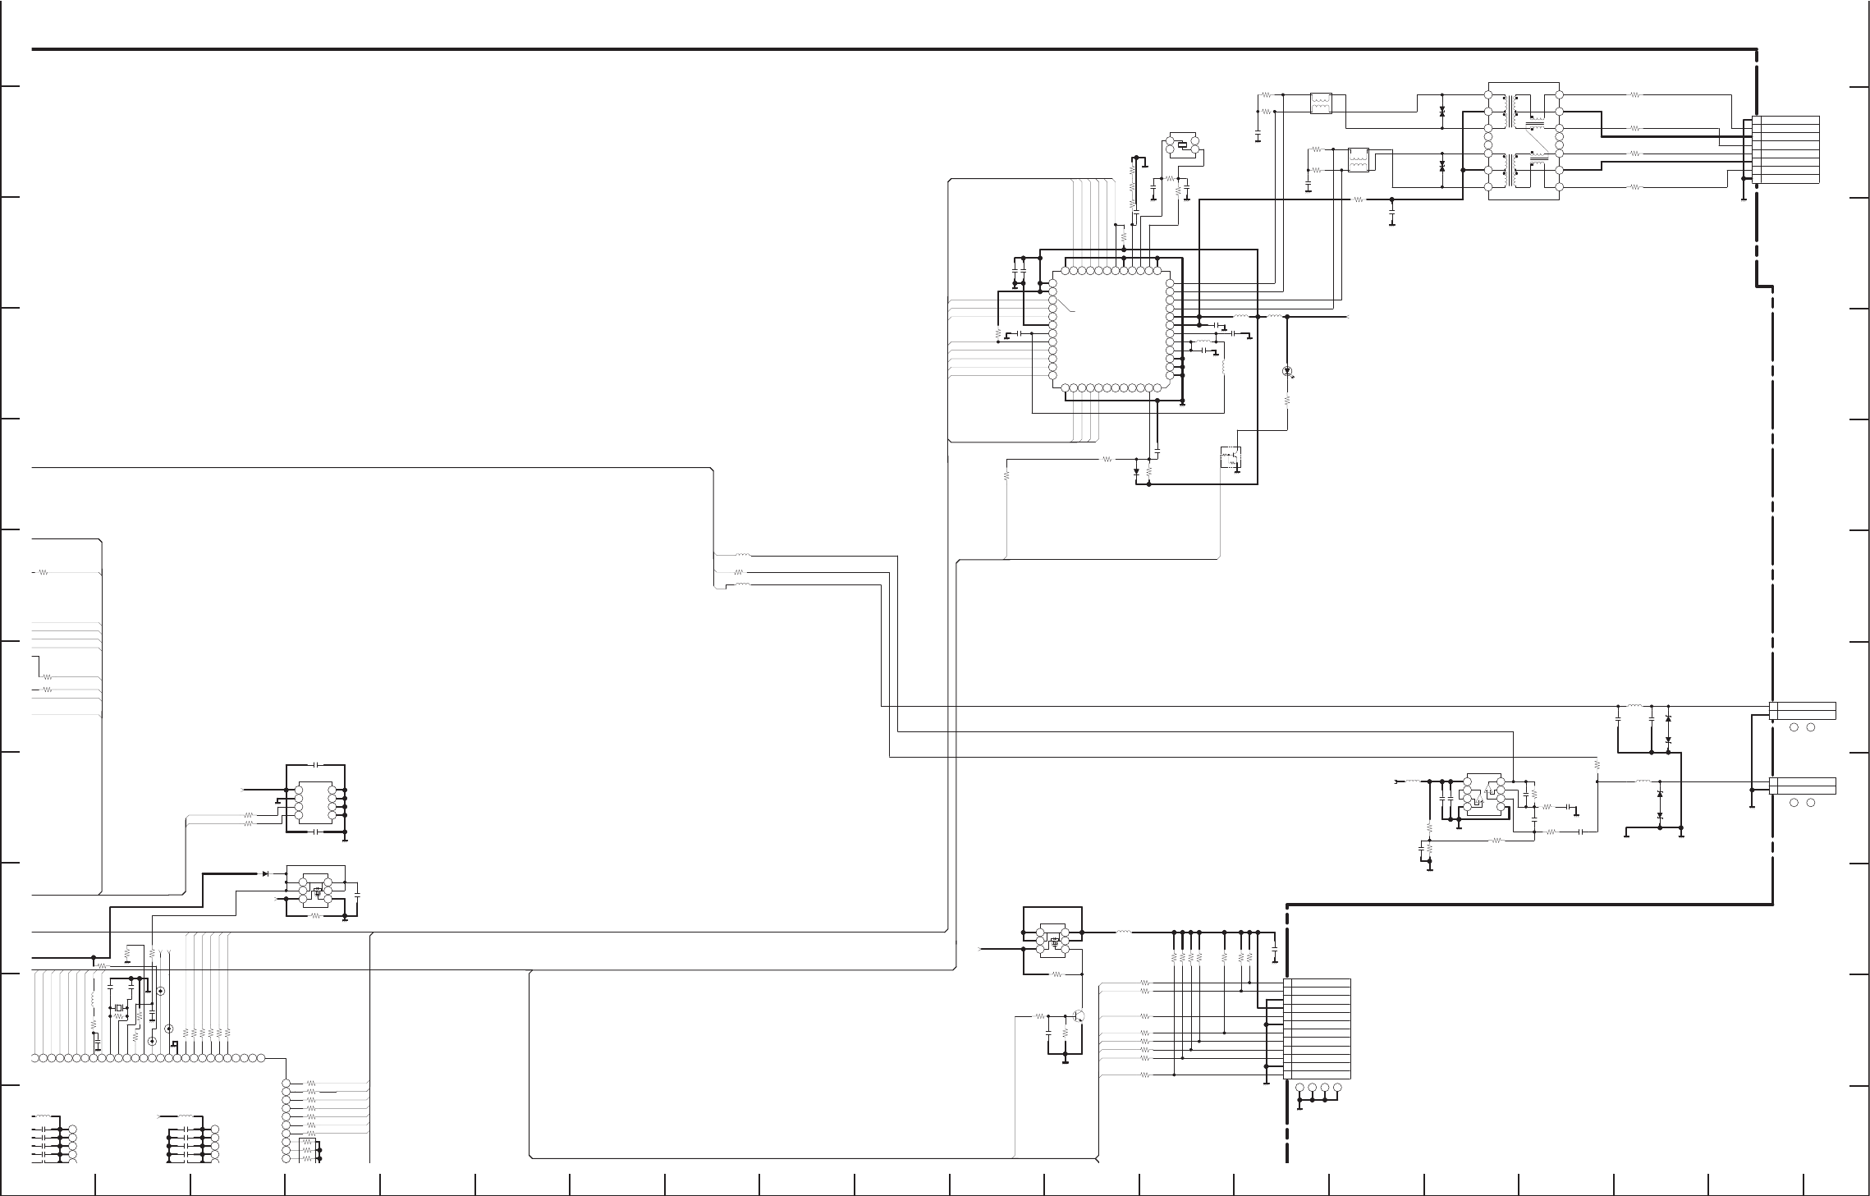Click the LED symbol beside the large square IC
pyautogui.click(x=1286, y=371)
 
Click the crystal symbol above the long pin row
pyautogui.click(x=119, y=1008)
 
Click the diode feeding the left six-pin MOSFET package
pyautogui.click(x=265, y=873)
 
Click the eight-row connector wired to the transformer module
pyautogui.click(x=1785, y=149)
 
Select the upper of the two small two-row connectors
pyautogui.click(x=1803, y=710)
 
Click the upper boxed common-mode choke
pyautogui.click(x=1321, y=104)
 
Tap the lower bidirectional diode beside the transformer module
pyautogui.click(x=1442, y=166)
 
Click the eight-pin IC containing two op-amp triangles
pyautogui.click(x=1483, y=796)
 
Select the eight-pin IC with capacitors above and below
pyautogui.click(x=315, y=799)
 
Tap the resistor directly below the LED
pyautogui.click(x=1286, y=401)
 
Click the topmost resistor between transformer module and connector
pyautogui.click(x=1634, y=95)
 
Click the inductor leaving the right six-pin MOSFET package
pyautogui.click(x=1124, y=932)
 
